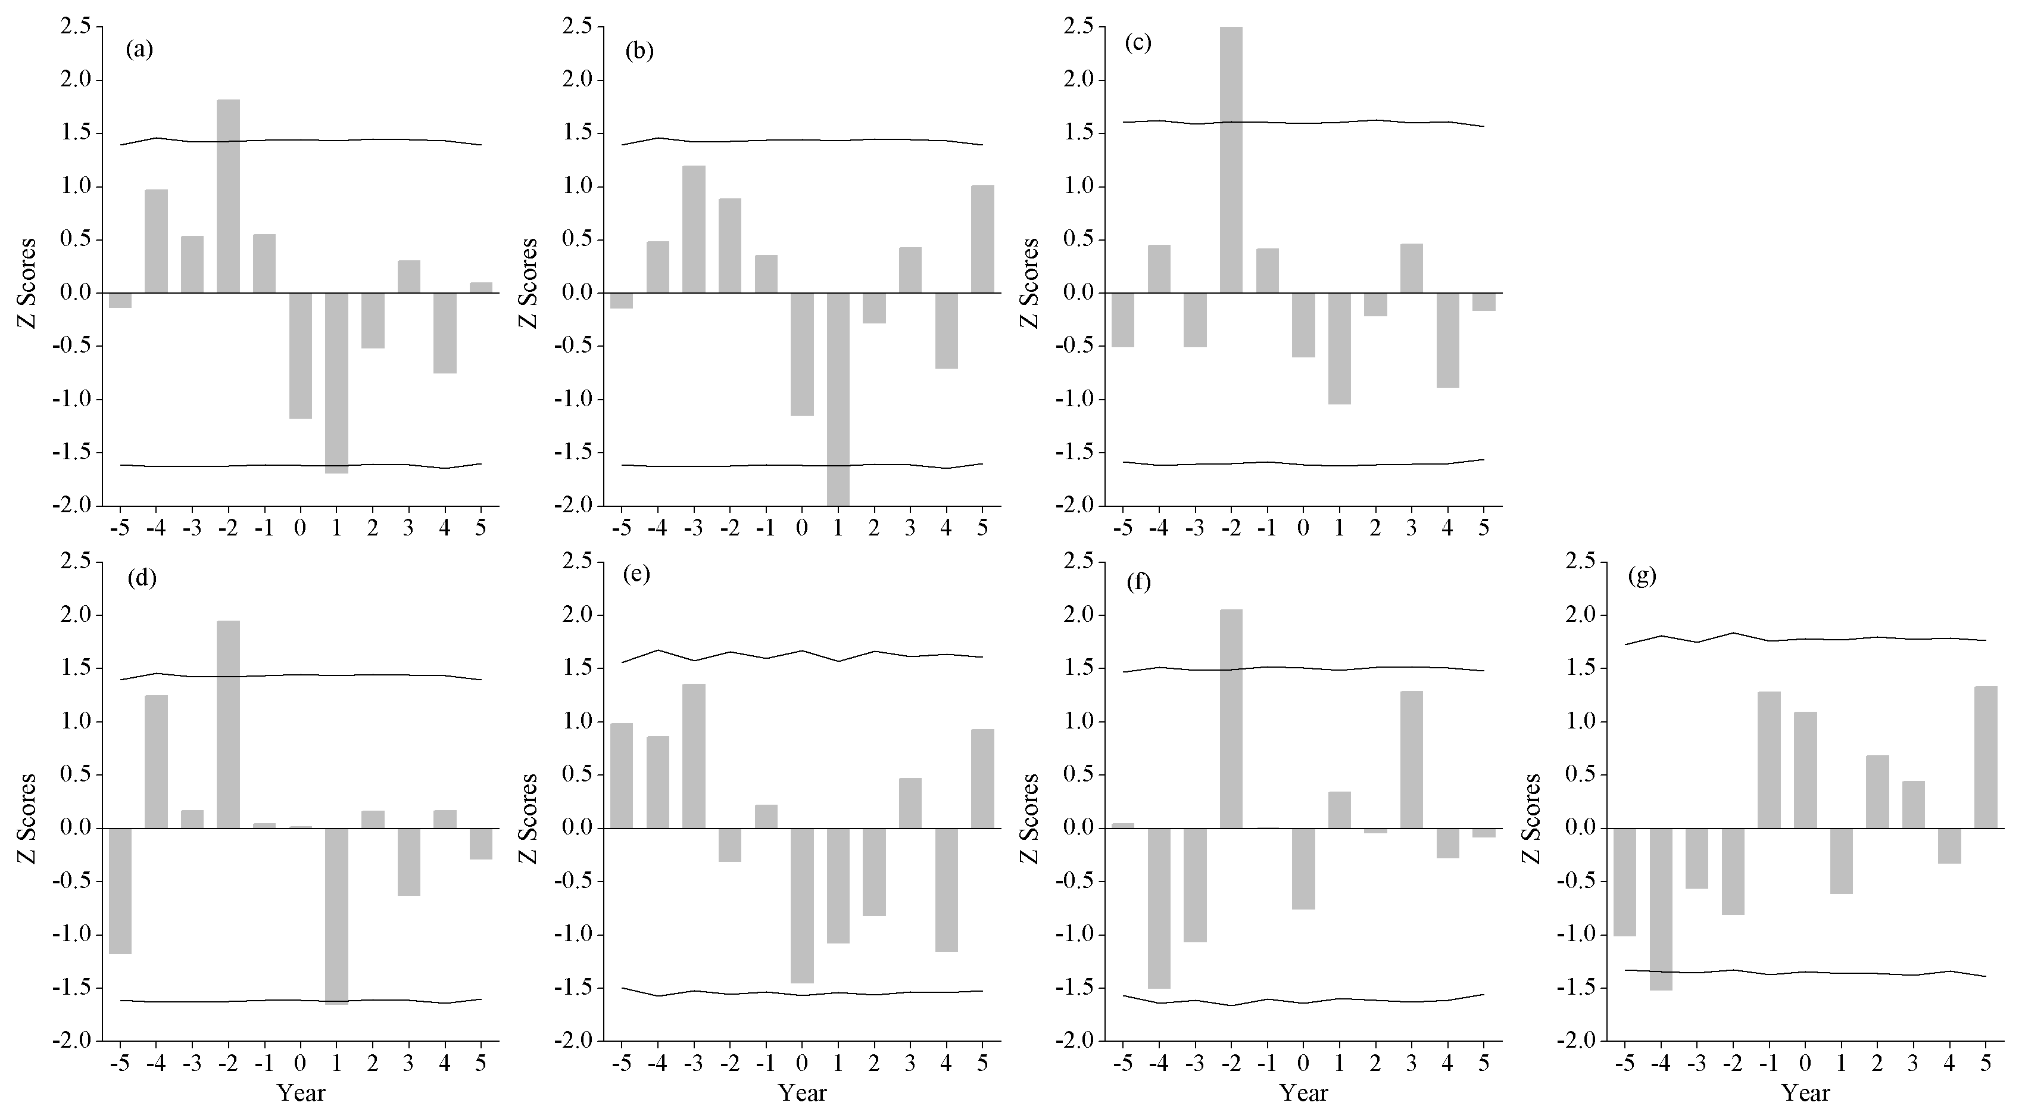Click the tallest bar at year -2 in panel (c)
(1231, 160)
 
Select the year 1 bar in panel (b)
(838, 399)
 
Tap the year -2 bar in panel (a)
(229, 197)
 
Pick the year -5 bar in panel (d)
(120, 891)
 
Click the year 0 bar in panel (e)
(801, 905)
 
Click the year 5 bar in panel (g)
(1985, 757)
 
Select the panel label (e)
(636, 574)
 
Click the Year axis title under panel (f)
(1304, 1092)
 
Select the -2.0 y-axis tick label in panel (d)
(74, 1041)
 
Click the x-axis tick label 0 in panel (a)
(300, 527)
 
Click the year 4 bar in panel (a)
(445, 333)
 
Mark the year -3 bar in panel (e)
(693, 756)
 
